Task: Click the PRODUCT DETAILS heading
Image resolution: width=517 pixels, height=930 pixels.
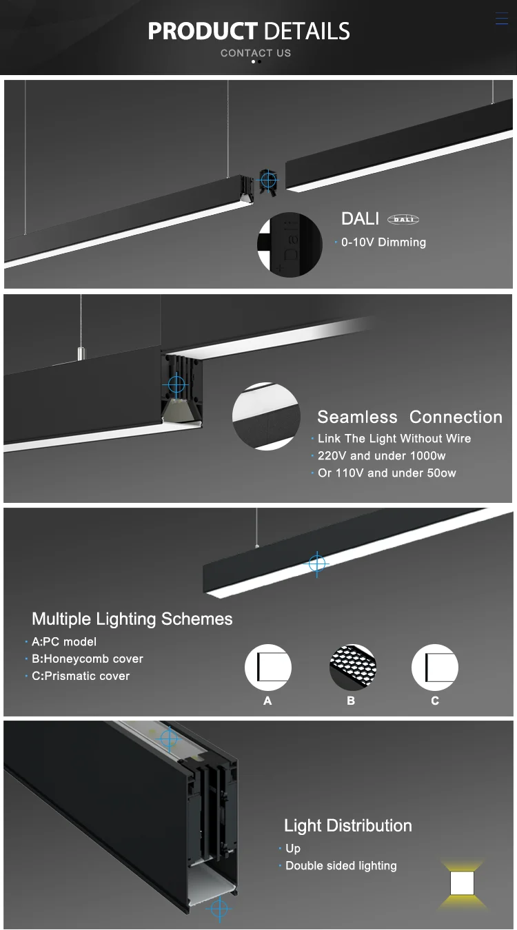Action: tap(249, 31)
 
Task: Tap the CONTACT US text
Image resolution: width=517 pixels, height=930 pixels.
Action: tap(256, 53)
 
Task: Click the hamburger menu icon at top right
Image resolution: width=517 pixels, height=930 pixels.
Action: tap(501, 19)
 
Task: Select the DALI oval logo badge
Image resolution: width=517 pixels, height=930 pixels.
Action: tap(403, 220)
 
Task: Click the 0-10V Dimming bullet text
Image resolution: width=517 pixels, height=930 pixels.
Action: tap(383, 242)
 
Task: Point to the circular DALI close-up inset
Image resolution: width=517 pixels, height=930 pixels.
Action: tap(290, 245)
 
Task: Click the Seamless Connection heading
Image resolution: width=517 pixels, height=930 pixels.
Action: tap(409, 417)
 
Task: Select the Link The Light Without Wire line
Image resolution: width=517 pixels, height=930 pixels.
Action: tap(394, 439)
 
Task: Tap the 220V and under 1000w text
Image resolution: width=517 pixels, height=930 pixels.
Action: tap(382, 456)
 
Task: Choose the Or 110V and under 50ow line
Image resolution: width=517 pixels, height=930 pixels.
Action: tap(387, 473)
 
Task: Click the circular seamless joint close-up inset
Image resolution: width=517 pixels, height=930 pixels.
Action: tap(266, 417)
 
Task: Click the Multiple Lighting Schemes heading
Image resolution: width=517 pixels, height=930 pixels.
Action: tap(132, 619)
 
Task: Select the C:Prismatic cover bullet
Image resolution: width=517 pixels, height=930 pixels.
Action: tap(81, 676)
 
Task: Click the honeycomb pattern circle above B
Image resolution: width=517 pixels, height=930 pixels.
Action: tap(352, 668)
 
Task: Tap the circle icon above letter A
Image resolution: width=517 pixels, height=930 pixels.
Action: tap(268, 668)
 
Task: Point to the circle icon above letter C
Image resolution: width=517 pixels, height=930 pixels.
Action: tap(435, 668)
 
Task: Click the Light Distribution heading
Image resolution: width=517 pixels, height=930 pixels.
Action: tap(348, 825)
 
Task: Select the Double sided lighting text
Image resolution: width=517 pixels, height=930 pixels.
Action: tap(341, 866)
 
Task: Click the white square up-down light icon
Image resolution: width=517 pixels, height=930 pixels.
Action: tap(463, 883)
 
